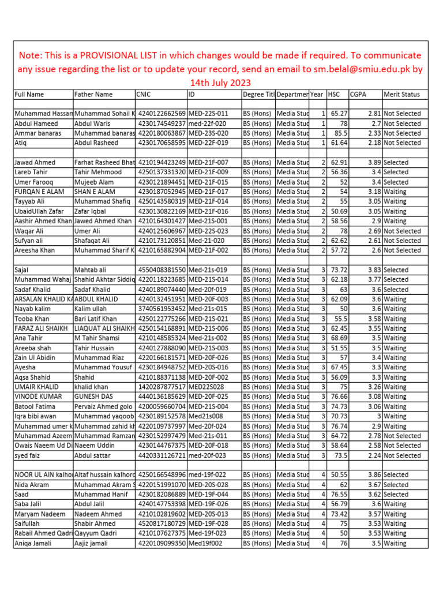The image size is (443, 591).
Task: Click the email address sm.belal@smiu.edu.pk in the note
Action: click(x=361, y=69)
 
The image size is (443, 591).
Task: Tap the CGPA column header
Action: click(x=358, y=94)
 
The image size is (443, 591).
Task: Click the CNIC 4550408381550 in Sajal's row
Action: click(x=161, y=270)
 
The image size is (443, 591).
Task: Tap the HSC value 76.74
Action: click(x=338, y=426)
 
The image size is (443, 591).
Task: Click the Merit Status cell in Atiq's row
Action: click(x=402, y=143)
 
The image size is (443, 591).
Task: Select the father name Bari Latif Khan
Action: click(x=95, y=319)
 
